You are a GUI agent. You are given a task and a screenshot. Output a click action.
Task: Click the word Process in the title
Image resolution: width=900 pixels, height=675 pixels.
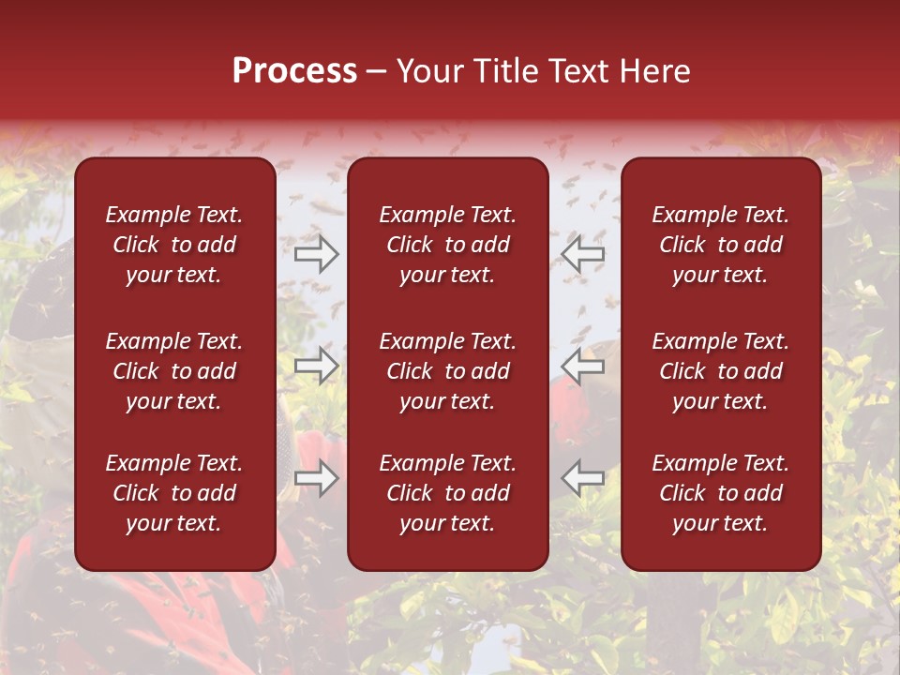pyautogui.click(x=294, y=71)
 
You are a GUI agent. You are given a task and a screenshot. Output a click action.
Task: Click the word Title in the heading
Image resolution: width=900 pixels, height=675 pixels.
pyautogui.click(x=507, y=71)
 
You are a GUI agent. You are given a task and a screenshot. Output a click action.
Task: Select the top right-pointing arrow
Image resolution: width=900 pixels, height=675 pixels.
pyautogui.click(x=317, y=253)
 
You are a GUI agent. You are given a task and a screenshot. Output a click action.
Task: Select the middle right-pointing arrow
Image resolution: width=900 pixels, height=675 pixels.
pyautogui.click(x=317, y=366)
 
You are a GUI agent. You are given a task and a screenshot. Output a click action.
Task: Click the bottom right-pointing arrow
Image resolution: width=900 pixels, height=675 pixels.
pyautogui.click(x=317, y=478)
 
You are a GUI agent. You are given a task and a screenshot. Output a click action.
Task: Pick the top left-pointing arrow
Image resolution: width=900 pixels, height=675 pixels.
pyautogui.click(x=582, y=253)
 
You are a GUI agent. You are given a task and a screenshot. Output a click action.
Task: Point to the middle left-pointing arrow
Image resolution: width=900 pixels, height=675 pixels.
pyautogui.click(x=582, y=366)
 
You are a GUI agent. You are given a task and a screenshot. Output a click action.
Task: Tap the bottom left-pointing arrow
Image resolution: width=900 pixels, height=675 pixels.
pyautogui.click(x=582, y=478)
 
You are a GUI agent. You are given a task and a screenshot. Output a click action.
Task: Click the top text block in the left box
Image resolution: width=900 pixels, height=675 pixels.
pyautogui.click(x=174, y=245)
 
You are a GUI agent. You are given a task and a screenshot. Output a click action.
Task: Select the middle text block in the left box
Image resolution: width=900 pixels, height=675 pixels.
pyautogui.click(x=174, y=371)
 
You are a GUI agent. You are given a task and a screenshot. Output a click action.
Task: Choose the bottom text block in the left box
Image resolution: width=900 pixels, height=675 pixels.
pyautogui.click(x=174, y=493)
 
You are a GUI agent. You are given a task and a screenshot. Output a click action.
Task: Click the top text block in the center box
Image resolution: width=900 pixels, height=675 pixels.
pyautogui.click(x=448, y=245)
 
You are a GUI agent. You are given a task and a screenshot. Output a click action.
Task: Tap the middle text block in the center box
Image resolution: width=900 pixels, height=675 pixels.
pyautogui.click(x=448, y=371)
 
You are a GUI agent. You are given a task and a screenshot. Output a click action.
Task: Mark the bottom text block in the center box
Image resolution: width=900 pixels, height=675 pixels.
pyautogui.click(x=448, y=493)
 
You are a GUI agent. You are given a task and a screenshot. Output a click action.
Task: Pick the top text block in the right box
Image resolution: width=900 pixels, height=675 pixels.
pyautogui.click(x=721, y=245)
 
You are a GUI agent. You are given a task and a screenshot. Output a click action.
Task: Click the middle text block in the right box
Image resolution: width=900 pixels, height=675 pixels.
pyautogui.click(x=721, y=371)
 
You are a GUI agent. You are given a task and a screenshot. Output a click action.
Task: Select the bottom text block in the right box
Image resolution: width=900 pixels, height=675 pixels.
pyautogui.click(x=721, y=493)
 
